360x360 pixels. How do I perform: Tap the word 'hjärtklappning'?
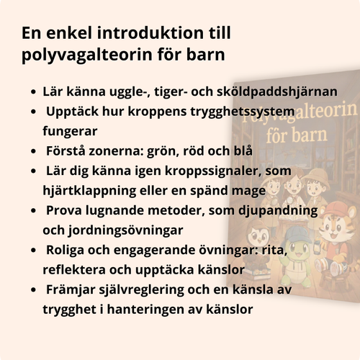[87, 191]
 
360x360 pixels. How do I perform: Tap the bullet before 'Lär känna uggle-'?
[35, 93]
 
